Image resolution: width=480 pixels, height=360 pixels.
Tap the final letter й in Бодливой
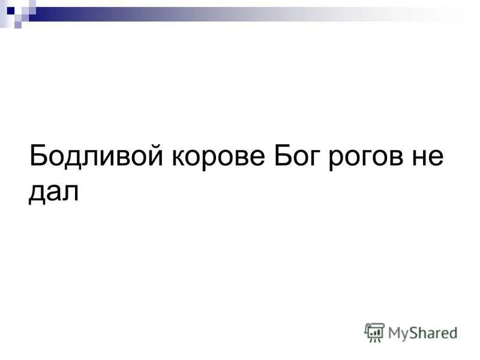[x=157, y=158]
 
